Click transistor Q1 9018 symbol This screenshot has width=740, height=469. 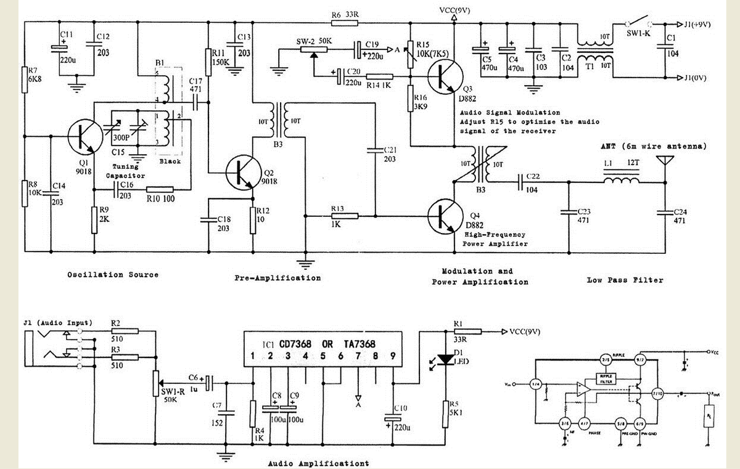point(81,137)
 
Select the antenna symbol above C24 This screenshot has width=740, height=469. point(664,164)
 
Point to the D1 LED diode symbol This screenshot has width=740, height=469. point(444,359)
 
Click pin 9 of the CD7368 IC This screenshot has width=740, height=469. point(392,356)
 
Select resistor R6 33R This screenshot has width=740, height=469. point(345,22)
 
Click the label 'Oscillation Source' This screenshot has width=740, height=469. point(113,274)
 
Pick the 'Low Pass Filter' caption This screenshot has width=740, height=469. point(625,280)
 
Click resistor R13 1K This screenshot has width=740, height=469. point(345,216)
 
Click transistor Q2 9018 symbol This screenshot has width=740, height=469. point(240,173)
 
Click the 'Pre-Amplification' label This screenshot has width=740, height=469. point(277,278)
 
